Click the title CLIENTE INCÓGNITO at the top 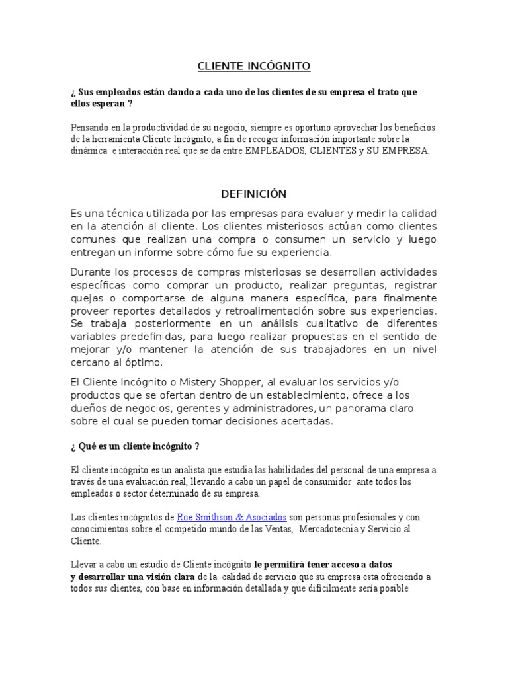(254, 66)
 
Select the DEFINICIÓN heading (253, 194)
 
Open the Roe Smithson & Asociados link (222, 516)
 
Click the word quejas (85, 298)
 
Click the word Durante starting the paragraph (90, 273)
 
